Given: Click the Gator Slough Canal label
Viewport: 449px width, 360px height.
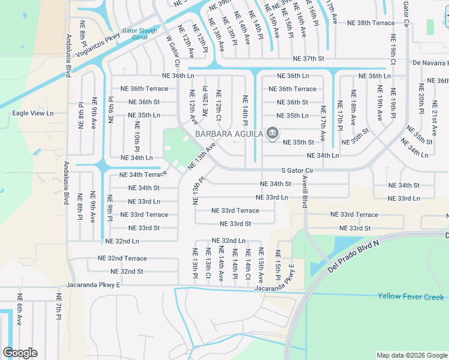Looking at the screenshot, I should point(140,34).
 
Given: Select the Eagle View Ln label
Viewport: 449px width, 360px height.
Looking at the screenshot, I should point(33,113).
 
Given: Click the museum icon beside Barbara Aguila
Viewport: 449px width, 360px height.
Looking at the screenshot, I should point(272,134).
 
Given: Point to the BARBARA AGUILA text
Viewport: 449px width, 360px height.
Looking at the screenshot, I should point(229,134).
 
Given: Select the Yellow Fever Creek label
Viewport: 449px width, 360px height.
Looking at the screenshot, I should point(411,296).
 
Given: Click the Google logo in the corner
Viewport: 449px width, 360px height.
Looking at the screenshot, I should point(20,353).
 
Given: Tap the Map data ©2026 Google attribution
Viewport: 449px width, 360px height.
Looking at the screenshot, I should point(412,355).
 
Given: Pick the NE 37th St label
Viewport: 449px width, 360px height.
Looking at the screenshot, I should point(308,59).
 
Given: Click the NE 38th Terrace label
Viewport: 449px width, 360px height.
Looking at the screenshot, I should point(371,23).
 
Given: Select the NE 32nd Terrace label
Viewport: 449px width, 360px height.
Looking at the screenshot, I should point(122,258).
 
